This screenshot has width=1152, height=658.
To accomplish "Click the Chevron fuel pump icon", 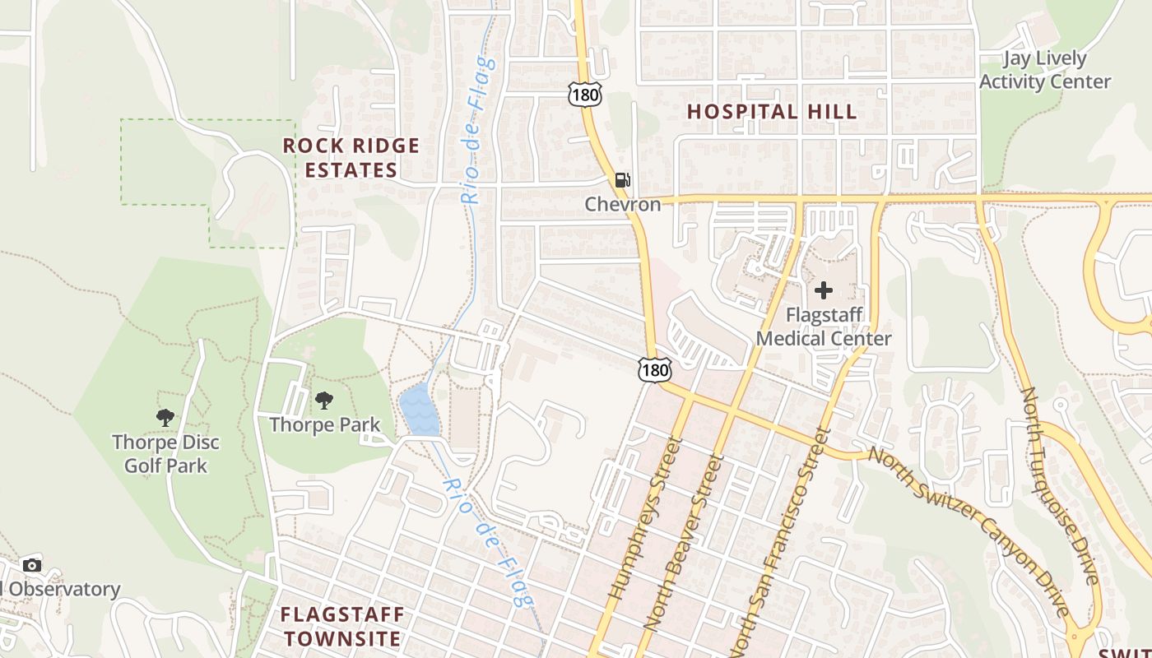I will point(623,180).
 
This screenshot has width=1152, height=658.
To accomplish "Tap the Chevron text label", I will point(623,204).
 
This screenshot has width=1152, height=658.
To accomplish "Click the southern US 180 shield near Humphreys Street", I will point(655,369).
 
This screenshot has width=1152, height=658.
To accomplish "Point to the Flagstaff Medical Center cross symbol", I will point(824,290).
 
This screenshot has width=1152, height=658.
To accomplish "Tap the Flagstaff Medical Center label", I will point(824,327).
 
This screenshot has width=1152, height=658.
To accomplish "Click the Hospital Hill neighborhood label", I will point(772,112).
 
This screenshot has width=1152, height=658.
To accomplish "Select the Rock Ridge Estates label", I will point(351,158).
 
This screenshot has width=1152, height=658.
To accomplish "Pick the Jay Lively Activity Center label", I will point(1044,70).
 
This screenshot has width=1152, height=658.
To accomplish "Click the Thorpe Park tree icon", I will point(324,401).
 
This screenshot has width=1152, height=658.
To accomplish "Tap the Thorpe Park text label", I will point(325,424).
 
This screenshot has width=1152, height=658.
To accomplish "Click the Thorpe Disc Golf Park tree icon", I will point(165,418).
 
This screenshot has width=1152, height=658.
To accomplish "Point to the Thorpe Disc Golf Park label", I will point(165,454).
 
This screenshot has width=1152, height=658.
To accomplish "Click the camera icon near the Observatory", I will point(32,565).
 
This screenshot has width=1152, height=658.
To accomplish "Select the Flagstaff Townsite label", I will point(342,626).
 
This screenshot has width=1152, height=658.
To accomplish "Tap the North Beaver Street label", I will point(683,543).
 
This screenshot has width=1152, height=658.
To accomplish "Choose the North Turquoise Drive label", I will point(1061,485).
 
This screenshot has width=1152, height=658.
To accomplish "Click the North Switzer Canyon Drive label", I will point(971,531).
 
